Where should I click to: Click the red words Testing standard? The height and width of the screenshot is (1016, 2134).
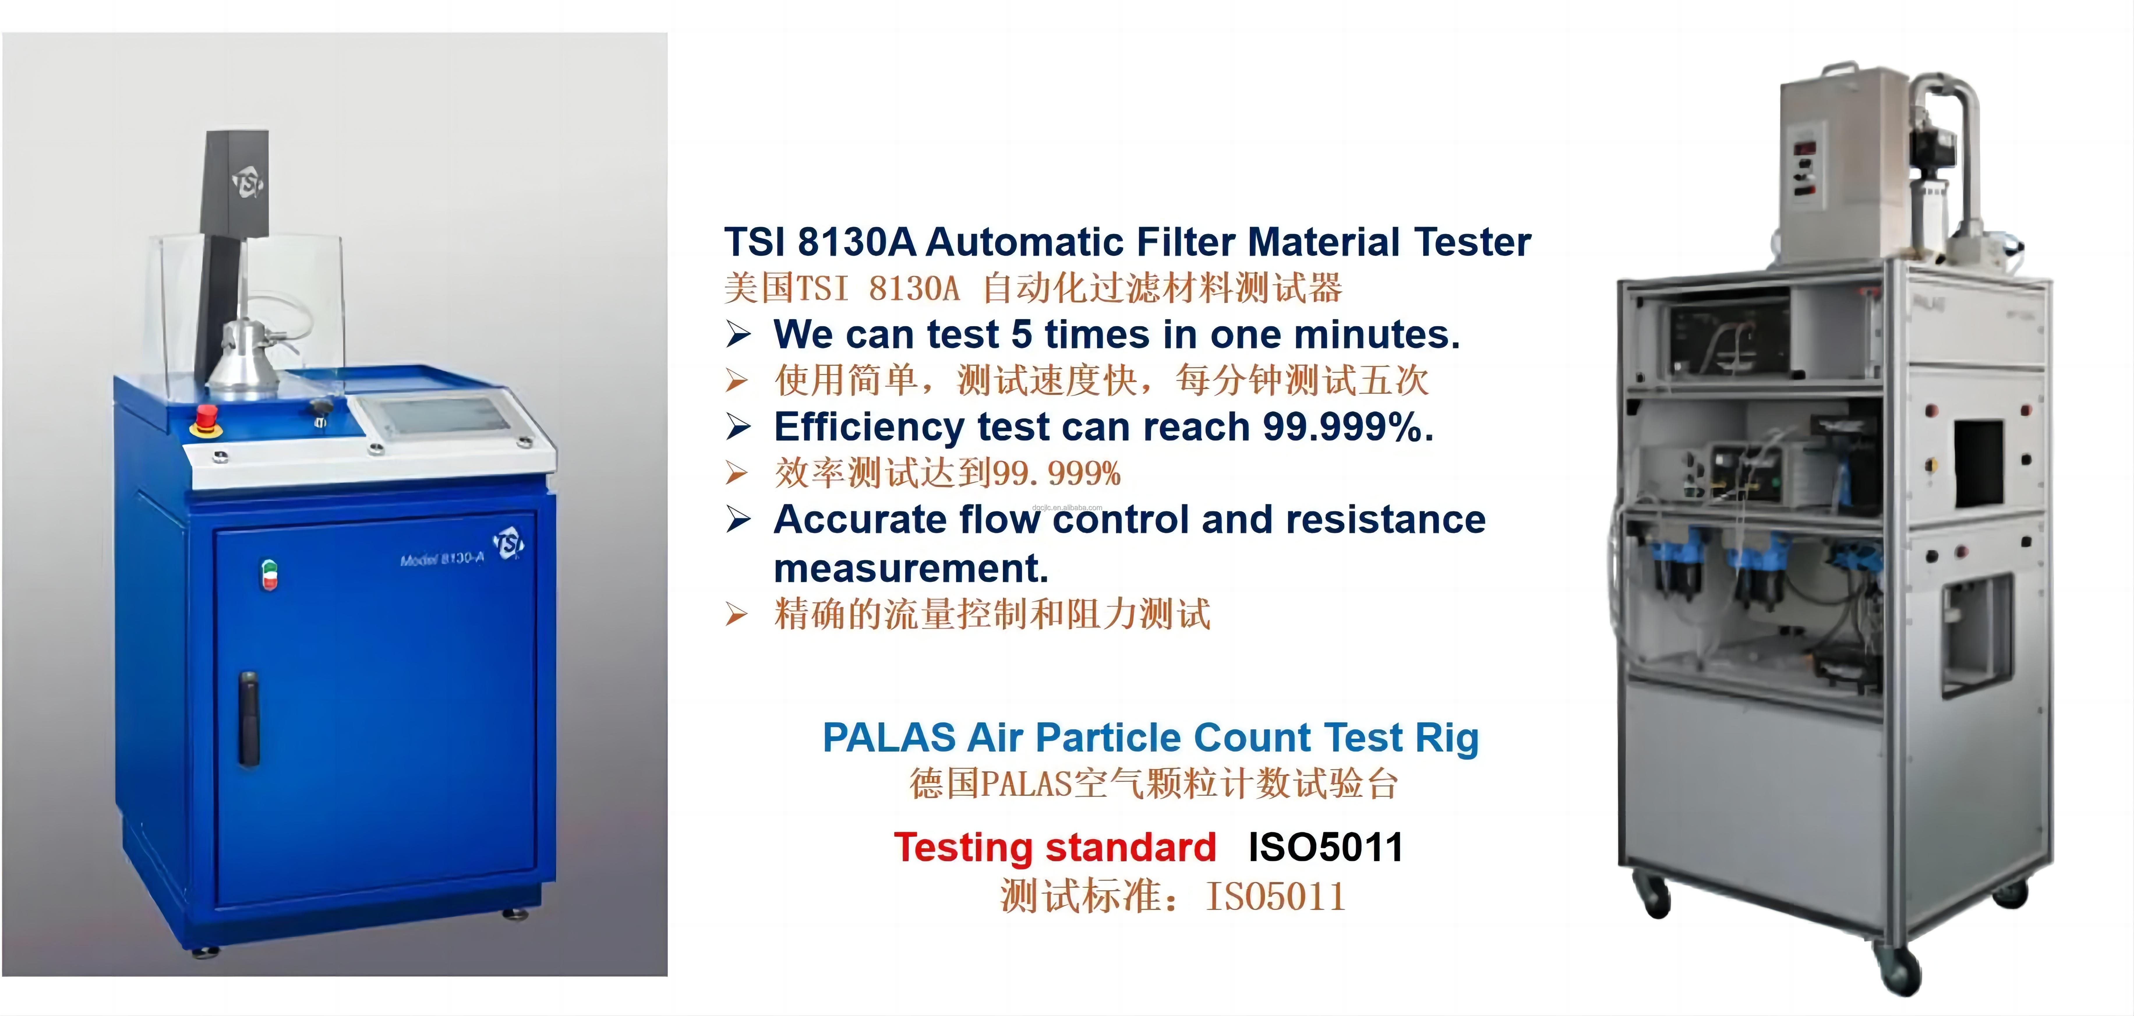[1054, 847]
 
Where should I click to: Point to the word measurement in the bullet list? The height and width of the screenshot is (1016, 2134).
[910, 569]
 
